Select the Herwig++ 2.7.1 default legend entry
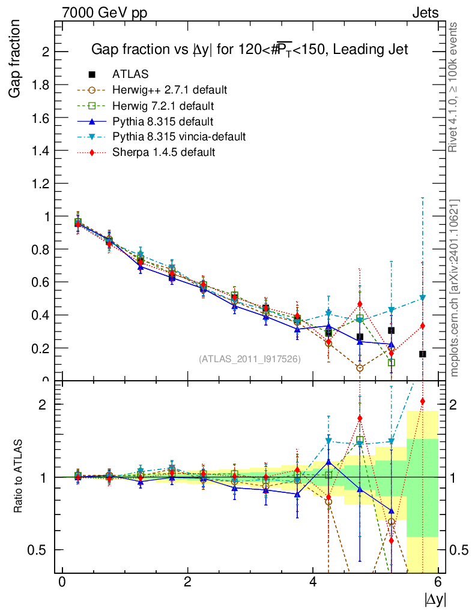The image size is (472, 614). click(x=169, y=91)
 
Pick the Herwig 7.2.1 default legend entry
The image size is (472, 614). click(x=163, y=106)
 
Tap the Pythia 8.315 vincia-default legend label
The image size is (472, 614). click(x=179, y=137)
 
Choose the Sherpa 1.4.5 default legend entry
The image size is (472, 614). click(x=163, y=152)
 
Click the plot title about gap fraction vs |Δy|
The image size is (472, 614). click(x=249, y=50)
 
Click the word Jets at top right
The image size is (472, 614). click(x=425, y=13)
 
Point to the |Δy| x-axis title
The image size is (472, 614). click(x=435, y=599)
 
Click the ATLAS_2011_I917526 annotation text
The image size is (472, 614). click(x=249, y=359)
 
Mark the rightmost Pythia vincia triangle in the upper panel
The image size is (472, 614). click(x=423, y=298)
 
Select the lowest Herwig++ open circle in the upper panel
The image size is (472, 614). click(x=360, y=368)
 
